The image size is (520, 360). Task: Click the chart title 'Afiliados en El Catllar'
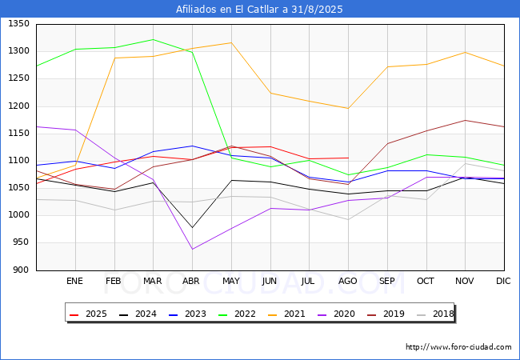(229, 10)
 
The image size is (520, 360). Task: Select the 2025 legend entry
(88, 314)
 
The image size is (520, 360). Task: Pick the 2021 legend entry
(286, 314)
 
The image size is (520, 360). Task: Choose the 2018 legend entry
(435, 314)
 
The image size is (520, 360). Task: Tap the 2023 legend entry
(187, 314)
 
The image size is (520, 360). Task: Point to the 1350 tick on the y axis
(18, 23)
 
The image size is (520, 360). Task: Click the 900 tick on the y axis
(21, 270)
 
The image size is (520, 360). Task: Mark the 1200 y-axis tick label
(18, 106)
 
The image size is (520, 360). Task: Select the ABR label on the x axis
(191, 281)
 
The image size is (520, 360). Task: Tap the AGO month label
(347, 281)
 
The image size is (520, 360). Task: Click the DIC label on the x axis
(503, 281)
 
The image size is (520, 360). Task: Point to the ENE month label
(74, 281)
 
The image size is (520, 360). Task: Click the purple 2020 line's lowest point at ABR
(192, 249)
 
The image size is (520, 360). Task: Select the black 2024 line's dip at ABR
(192, 227)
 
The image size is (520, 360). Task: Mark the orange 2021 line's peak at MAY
(231, 42)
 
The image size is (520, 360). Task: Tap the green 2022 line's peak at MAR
(154, 39)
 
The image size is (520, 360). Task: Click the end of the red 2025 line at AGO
(348, 158)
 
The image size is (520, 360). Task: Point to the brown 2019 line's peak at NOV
(466, 120)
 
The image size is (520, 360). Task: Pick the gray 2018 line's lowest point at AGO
(348, 219)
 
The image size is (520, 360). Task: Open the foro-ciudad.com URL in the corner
(458, 347)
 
